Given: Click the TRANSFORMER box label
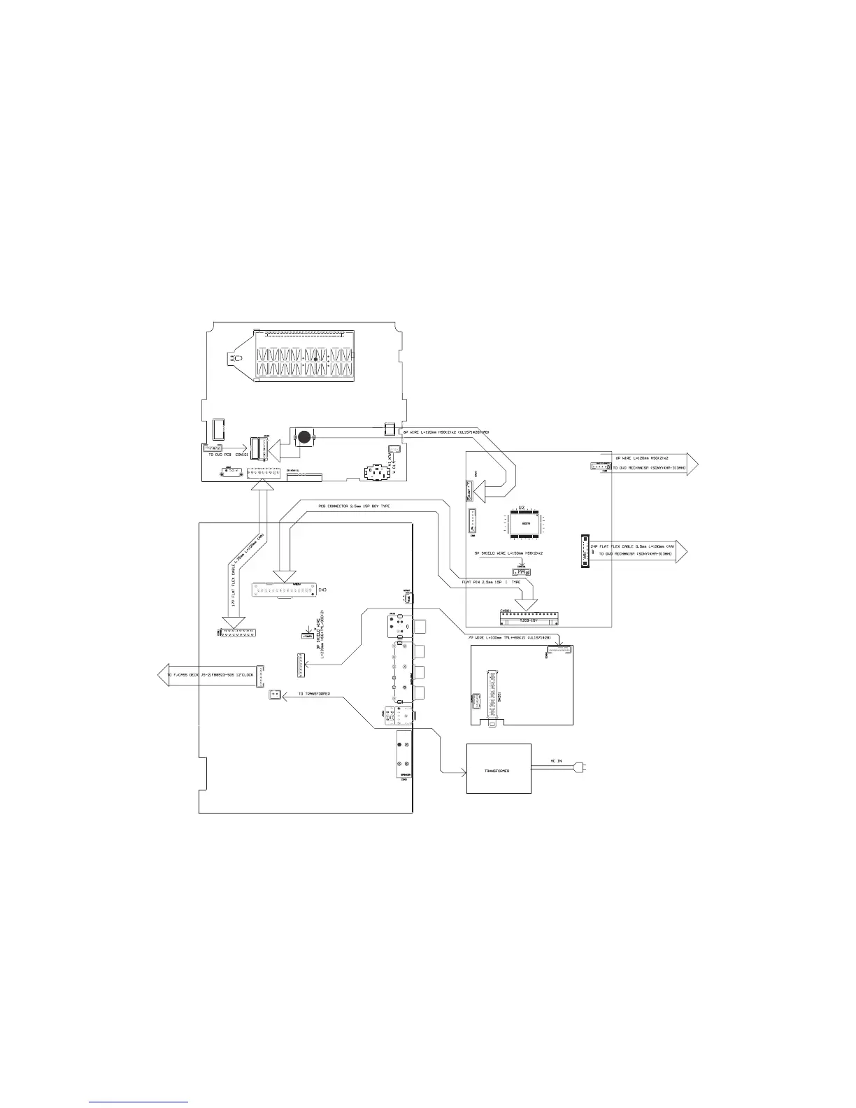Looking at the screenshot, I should click(498, 770).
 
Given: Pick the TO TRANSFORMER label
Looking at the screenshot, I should click(314, 694).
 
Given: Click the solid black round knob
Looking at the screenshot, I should click(304, 438).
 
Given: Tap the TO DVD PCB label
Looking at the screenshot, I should click(222, 455).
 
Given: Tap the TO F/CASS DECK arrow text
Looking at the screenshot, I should click(210, 676).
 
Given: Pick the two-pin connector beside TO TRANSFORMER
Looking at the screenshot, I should click(275, 695).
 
